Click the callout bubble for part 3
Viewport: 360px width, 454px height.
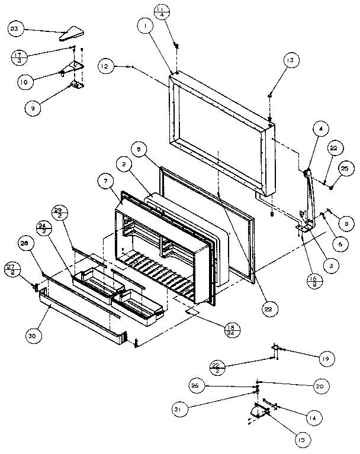pyautogui.click(x=334, y=266)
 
